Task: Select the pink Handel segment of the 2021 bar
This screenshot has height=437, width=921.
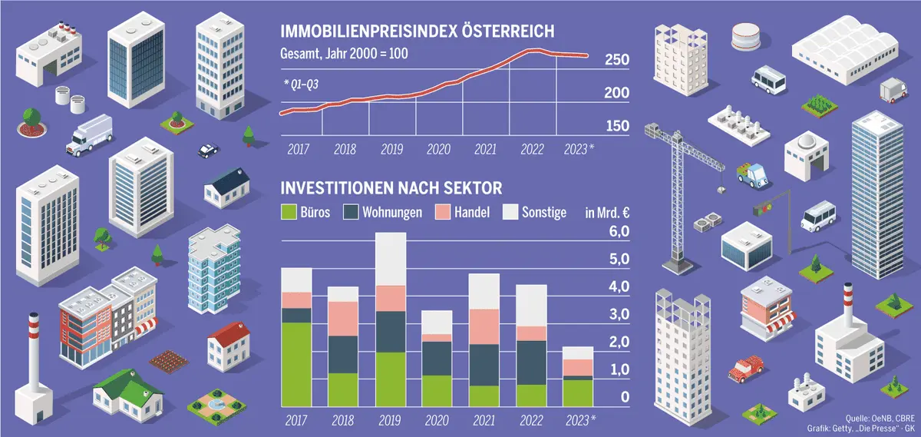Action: point(484,326)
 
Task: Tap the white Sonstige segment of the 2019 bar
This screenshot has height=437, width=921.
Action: point(391,259)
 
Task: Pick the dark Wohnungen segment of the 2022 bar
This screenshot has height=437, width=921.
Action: point(531,363)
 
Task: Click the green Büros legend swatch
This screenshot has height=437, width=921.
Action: point(289,212)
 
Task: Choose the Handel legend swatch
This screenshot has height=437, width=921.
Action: point(442,212)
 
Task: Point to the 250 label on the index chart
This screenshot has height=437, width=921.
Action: point(617,61)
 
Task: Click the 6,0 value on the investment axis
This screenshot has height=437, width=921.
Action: point(619,232)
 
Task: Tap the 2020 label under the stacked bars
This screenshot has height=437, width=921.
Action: point(437,420)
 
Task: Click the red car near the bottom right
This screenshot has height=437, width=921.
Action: point(745,369)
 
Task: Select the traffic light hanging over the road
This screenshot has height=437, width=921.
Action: point(761,208)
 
